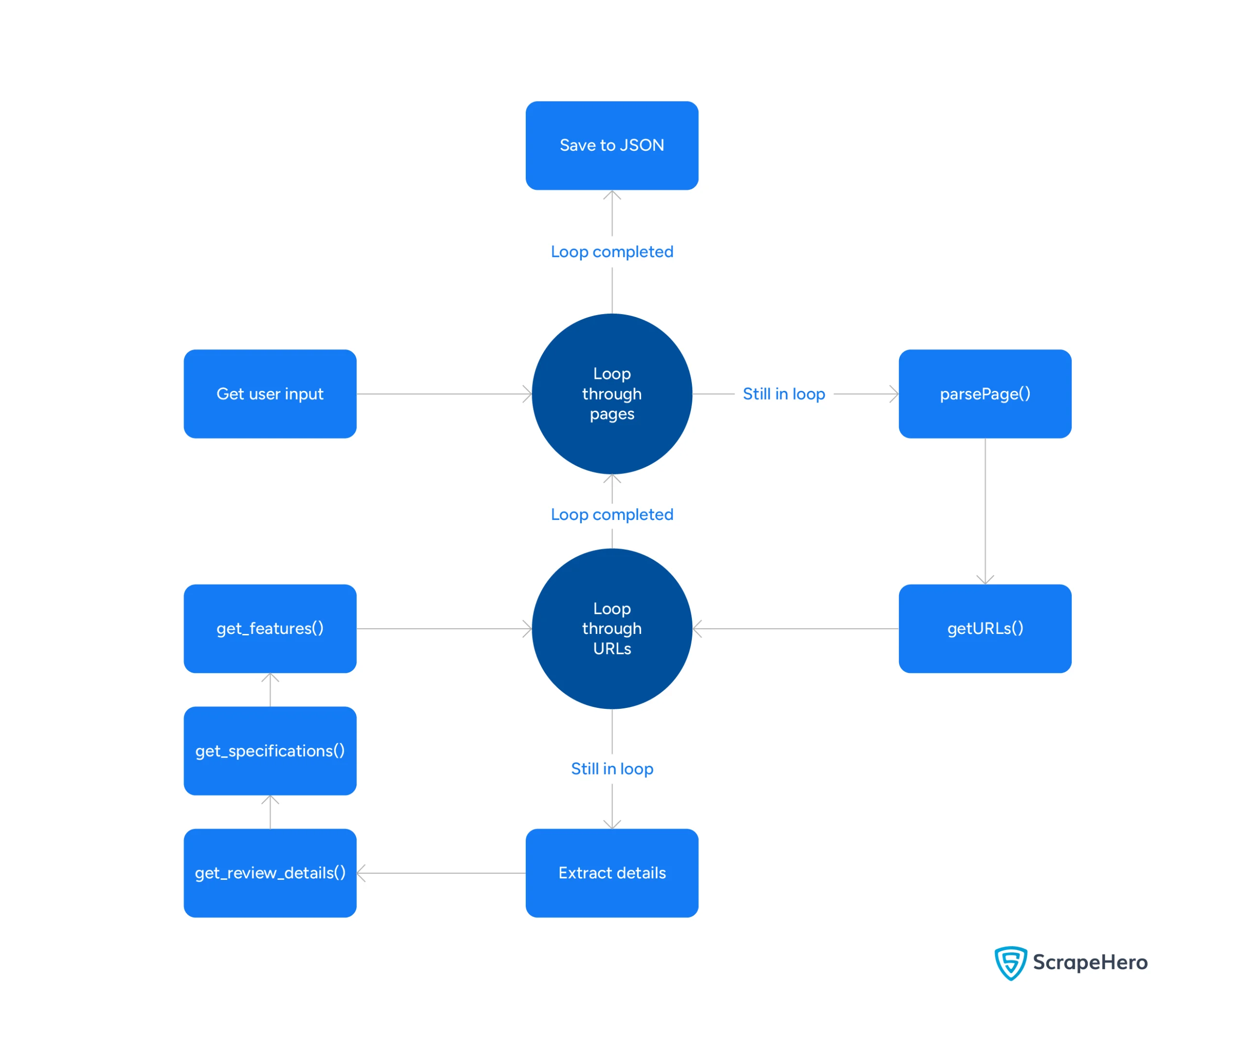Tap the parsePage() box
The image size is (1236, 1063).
[x=985, y=394]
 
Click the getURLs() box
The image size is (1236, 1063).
[x=985, y=629]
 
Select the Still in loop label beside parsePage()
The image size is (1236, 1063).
[x=784, y=394]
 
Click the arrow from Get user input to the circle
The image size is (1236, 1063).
[x=444, y=394]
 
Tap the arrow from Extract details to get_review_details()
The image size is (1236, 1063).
[x=441, y=873]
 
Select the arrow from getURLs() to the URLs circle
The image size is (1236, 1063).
[x=796, y=629]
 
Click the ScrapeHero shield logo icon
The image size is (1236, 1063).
[x=1010, y=962]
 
